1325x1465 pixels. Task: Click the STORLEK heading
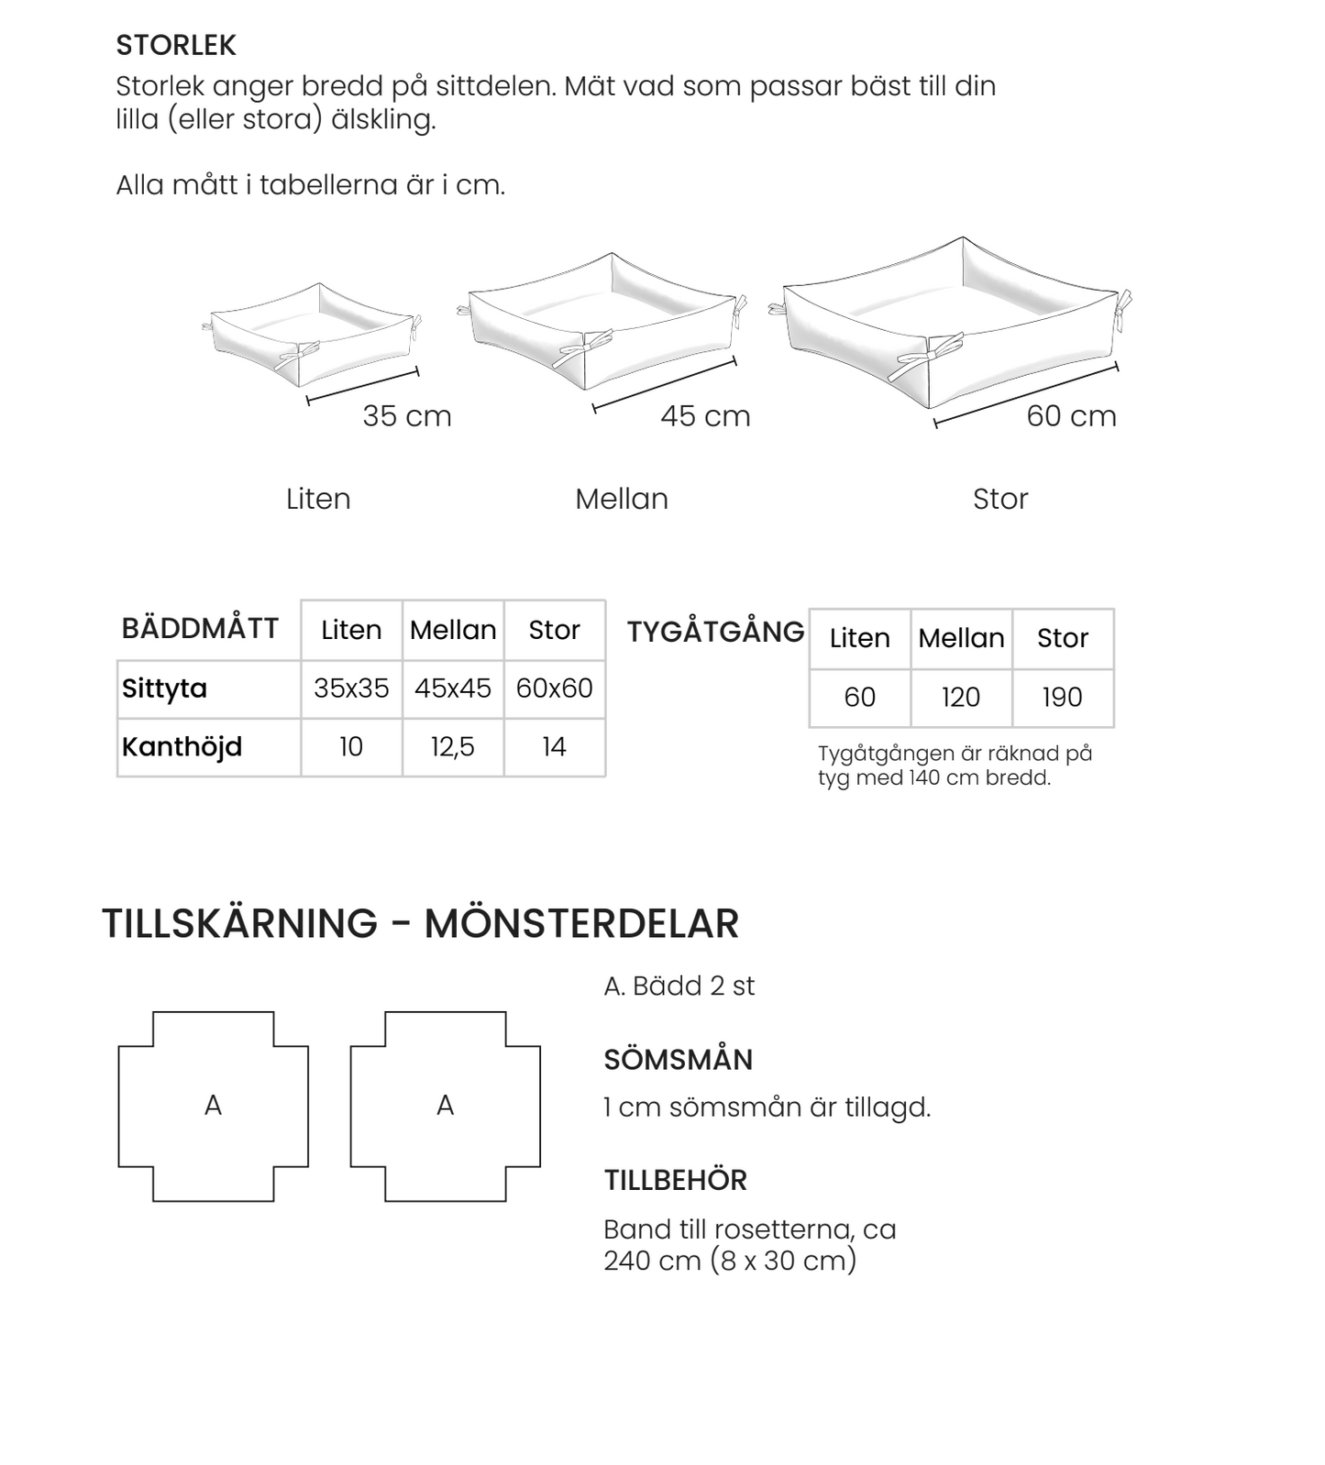click(176, 45)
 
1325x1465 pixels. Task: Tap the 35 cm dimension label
click(407, 416)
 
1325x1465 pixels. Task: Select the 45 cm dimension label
click(705, 416)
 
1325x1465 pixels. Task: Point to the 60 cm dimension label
click(1071, 416)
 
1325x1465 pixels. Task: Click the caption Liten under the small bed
click(318, 499)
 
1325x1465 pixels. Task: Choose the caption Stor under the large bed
click(1000, 499)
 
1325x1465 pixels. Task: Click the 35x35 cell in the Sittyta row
click(351, 688)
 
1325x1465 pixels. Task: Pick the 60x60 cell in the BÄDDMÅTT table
click(554, 688)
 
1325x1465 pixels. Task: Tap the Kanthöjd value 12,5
click(453, 747)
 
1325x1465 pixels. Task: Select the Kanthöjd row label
click(182, 747)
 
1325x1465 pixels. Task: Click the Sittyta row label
click(165, 688)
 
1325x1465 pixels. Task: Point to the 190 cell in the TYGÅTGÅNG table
click(1062, 698)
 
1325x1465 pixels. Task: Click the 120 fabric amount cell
click(961, 698)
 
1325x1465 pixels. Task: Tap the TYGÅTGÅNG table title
click(715, 632)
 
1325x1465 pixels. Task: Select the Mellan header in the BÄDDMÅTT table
click(453, 630)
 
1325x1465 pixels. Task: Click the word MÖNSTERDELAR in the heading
click(581, 923)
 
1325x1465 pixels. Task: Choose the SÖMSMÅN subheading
click(678, 1060)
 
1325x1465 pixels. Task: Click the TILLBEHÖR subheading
click(675, 1180)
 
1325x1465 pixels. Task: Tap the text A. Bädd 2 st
click(679, 986)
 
